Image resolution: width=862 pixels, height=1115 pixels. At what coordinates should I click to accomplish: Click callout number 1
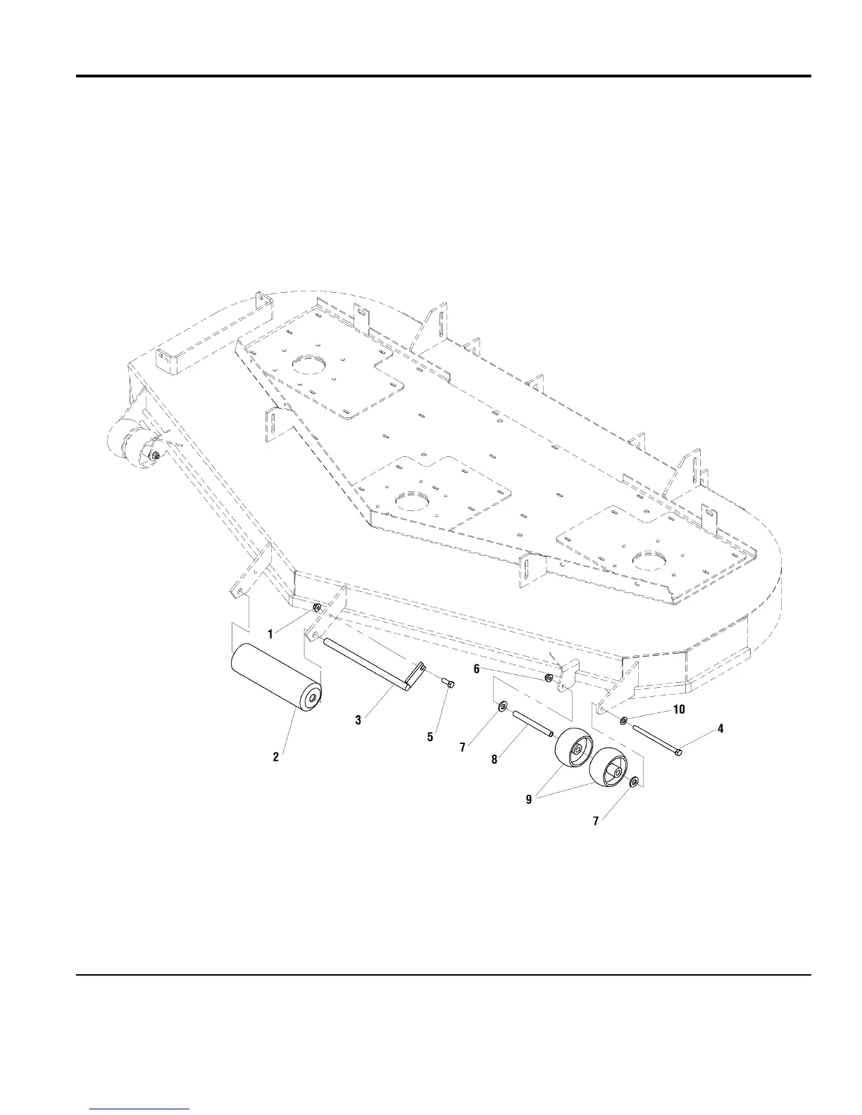[270, 634]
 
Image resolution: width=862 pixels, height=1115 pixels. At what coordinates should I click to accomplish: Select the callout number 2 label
[276, 757]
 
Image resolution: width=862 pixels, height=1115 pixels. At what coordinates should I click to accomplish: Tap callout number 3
[358, 720]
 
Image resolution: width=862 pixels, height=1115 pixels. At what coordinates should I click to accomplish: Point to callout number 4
[720, 729]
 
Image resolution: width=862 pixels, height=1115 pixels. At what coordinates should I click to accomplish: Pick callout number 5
[430, 737]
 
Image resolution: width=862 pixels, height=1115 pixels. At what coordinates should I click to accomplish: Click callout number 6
[477, 669]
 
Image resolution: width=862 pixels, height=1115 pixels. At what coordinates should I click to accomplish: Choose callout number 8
[494, 760]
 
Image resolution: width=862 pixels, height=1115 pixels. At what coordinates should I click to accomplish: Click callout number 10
[679, 710]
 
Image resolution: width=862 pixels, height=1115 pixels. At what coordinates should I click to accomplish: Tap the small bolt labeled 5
[449, 682]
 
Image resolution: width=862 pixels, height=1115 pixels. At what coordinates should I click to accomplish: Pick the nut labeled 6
[549, 678]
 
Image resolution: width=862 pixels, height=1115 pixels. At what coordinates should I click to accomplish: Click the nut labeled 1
[318, 607]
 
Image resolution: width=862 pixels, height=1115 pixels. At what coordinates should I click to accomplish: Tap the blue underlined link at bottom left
[140, 1109]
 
